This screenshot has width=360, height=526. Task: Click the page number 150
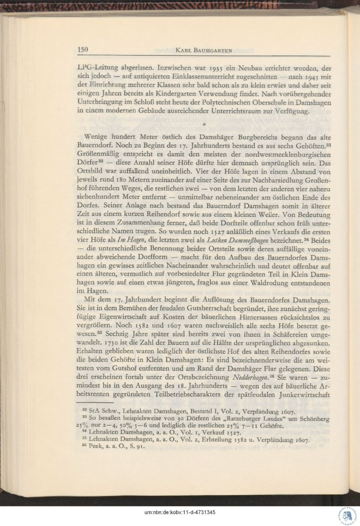(x=83, y=50)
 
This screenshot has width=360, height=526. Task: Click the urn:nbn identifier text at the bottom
(x=180, y=512)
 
